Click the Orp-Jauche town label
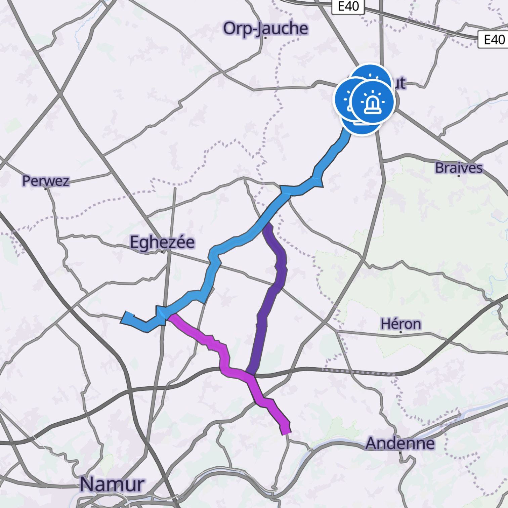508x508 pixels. (265, 28)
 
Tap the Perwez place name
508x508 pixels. (46, 181)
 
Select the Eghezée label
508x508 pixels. (162, 242)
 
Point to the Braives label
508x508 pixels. (459, 168)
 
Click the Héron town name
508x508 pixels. (400, 324)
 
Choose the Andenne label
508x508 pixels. (400, 443)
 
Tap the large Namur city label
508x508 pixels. (112, 484)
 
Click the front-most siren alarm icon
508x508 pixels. (372, 101)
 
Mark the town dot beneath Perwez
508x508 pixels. (46, 189)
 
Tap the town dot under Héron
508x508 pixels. (400, 332)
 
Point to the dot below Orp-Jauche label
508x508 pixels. (265, 38)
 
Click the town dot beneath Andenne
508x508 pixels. (400, 452)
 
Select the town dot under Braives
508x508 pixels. (459, 176)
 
